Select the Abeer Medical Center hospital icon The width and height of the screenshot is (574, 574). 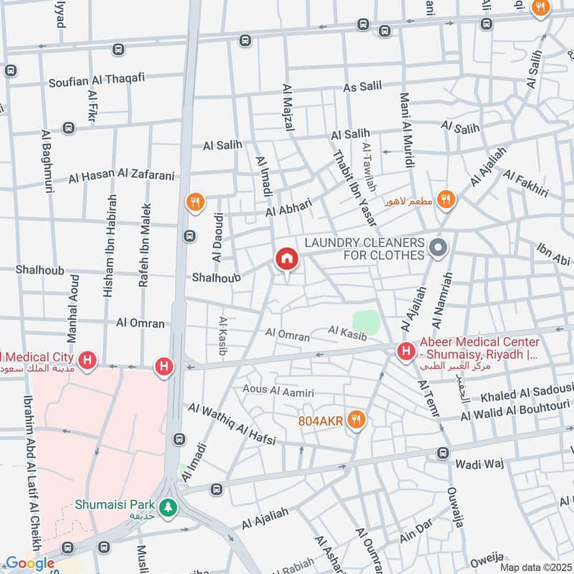pyautogui.click(x=406, y=352)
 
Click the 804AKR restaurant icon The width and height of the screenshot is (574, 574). pyautogui.click(x=355, y=420)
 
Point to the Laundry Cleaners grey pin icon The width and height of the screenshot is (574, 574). pyautogui.click(x=437, y=249)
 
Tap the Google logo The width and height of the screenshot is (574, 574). pyautogui.click(x=29, y=563)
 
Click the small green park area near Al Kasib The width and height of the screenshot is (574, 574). pyautogui.click(x=365, y=321)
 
